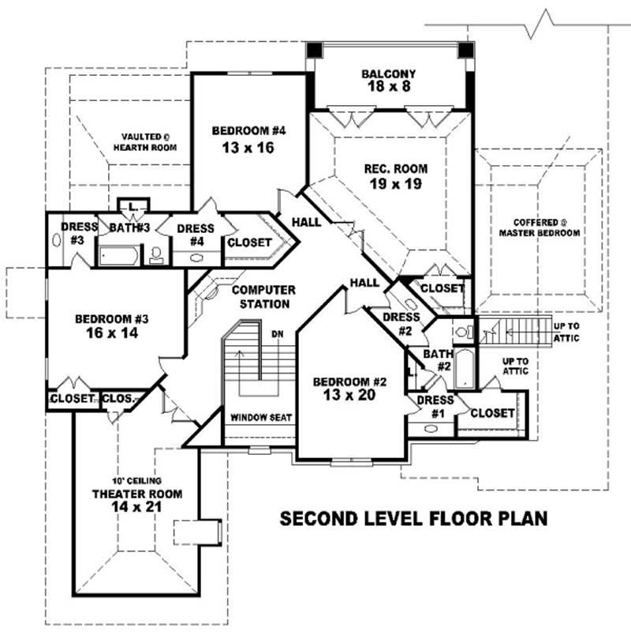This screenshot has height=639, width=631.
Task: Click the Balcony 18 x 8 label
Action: click(389, 81)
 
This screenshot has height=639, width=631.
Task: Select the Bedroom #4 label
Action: click(244, 139)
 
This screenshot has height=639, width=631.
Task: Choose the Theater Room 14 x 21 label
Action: click(137, 500)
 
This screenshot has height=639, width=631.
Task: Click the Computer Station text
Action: click(263, 297)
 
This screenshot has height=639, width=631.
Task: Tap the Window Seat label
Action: click(261, 417)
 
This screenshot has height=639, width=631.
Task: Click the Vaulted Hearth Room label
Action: click(144, 142)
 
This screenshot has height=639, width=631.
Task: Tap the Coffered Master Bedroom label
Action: click(540, 227)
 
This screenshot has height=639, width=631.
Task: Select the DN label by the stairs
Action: click(277, 334)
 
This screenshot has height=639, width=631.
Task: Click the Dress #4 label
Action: click(195, 234)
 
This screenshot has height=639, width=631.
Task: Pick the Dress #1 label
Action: click(435, 406)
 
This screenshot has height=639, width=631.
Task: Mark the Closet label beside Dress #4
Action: click(249, 243)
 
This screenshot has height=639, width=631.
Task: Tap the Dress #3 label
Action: click(78, 233)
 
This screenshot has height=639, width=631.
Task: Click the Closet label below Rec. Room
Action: click(442, 289)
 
